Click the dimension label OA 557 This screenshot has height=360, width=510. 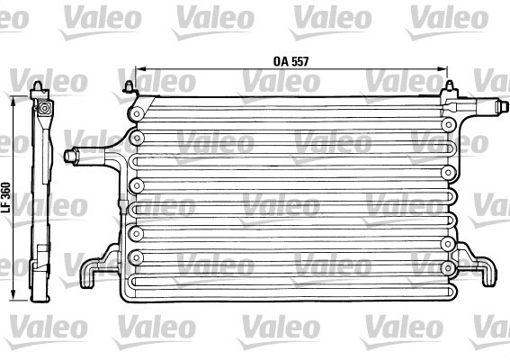[x=291, y=61]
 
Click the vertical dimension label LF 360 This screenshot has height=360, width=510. [x=6, y=198]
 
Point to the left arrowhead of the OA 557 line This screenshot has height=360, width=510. [x=139, y=68]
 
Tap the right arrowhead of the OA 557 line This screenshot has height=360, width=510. [x=443, y=68]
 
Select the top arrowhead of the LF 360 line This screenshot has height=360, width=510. [x=13, y=101]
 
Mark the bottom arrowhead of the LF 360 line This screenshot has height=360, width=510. [x=13, y=295]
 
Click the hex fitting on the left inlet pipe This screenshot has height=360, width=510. [x=71, y=156]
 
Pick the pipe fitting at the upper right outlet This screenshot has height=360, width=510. [x=501, y=107]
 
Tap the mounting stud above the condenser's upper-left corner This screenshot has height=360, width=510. [x=130, y=86]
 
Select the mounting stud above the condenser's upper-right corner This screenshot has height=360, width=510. [x=450, y=86]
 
